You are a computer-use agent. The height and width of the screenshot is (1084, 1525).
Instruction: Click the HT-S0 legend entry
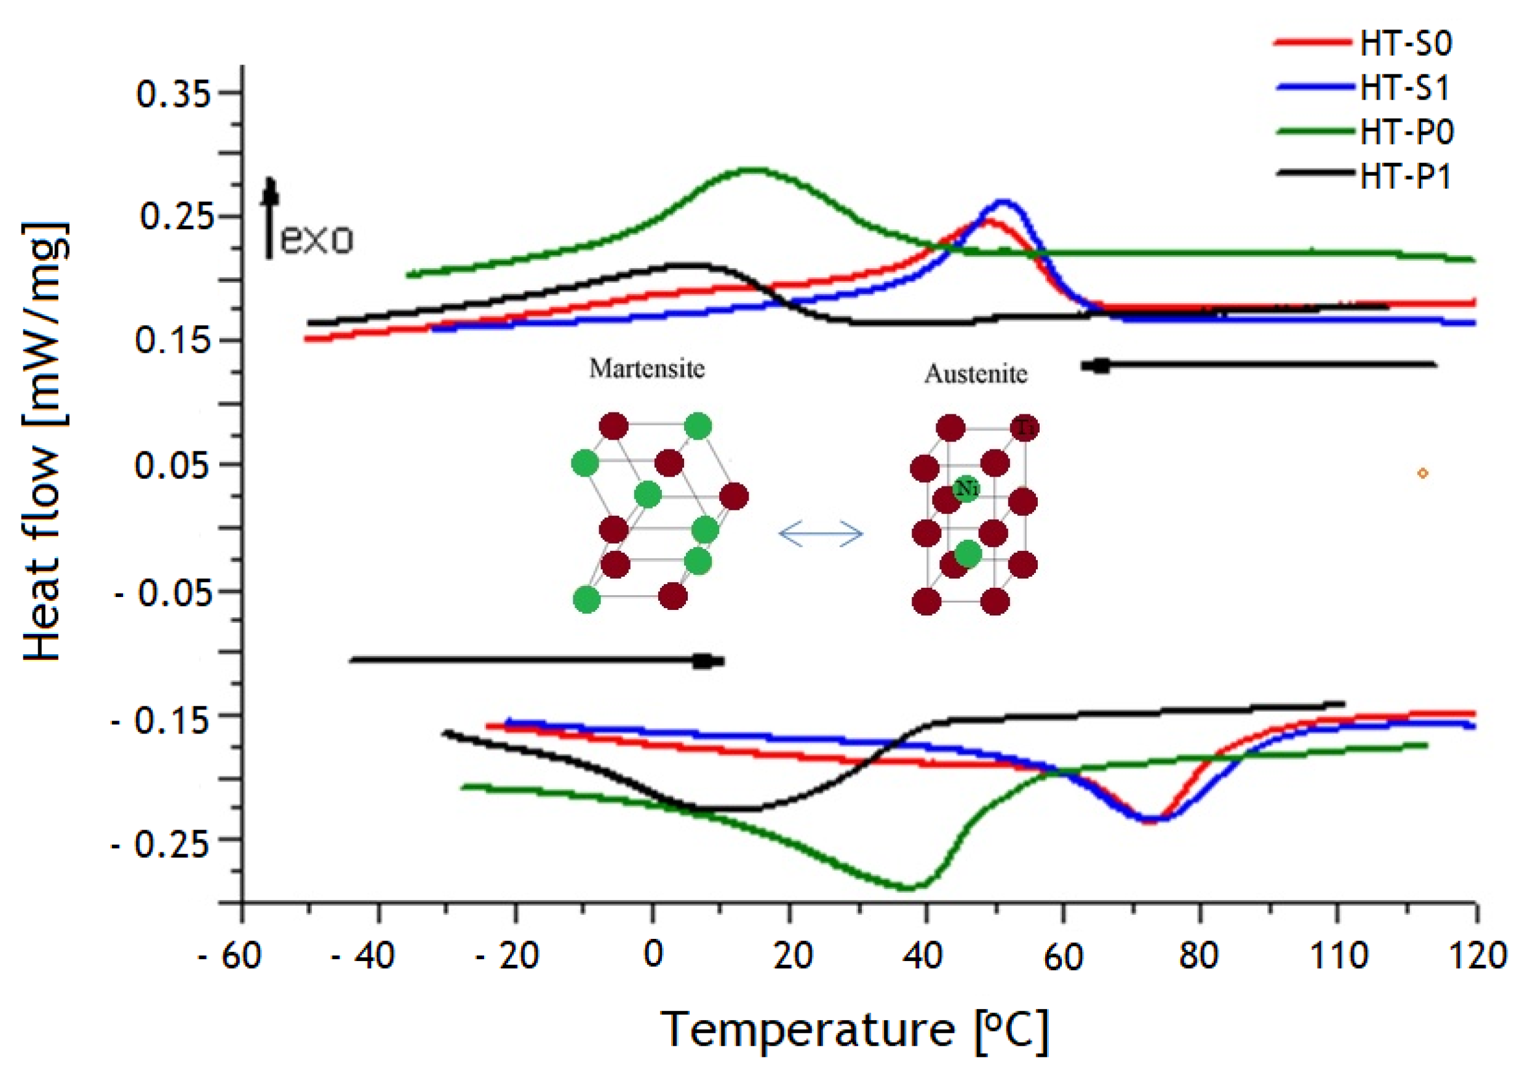pyautogui.click(x=1406, y=44)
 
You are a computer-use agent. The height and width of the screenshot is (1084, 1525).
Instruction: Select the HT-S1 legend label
pyautogui.click(x=1406, y=88)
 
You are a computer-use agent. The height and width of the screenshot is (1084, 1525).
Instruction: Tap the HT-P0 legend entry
pyautogui.click(x=1407, y=132)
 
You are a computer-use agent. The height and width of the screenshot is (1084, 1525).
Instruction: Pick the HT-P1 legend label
pyautogui.click(x=1406, y=177)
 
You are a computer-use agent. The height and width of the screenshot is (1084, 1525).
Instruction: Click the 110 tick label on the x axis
pyautogui.click(x=1339, y=956)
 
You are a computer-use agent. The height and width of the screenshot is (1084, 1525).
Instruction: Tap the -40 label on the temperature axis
pyautogui.click(x=364, y=956)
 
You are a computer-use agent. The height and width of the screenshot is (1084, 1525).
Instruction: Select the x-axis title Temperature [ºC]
pyautogui.click(x=854, y=1030)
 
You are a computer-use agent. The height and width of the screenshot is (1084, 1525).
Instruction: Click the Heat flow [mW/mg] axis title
pyautogui.click(x=44, y=440)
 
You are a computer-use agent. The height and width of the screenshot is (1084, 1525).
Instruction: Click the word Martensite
pyautogui.click(x=647, y=368)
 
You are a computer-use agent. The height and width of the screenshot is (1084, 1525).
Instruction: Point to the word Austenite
pyautogui.click(x=976, y=374)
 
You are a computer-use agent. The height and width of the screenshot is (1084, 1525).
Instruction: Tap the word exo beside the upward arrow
pyautogui.click(x=316, y=239)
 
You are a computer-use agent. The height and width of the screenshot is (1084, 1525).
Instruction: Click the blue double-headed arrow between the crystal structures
pyautogui.click(x=821, y=534)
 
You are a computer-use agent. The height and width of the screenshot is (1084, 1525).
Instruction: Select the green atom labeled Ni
pyautogui.click(x=965, y=489)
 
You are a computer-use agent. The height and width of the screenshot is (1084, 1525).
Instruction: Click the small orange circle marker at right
pyautogui.click(x=1422, y=473)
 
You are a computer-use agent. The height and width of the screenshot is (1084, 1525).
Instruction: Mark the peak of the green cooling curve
pyautogui.click(x=753, y=170)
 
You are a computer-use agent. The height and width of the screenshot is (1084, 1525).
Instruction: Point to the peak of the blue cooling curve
pyautogui.click(x=1003, y=201)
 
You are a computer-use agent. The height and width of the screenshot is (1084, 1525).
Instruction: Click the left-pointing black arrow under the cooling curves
pyautogui.click(x=1258, y=365)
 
